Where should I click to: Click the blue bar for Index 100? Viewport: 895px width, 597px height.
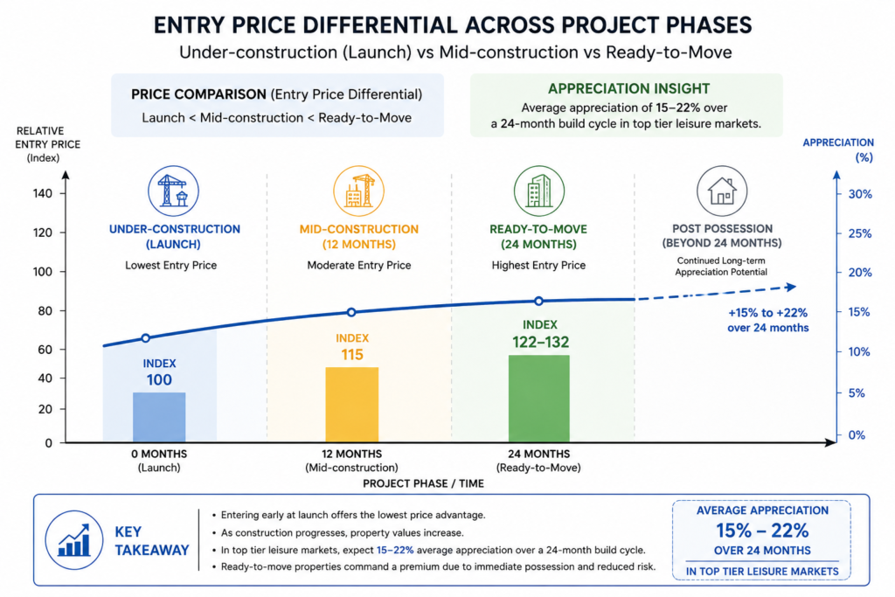point(159,417)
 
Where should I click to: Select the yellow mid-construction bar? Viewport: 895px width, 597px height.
point(351,404)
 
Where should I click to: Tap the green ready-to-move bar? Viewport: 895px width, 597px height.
point(538,399)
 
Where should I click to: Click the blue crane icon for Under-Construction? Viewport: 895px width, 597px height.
point(174,191)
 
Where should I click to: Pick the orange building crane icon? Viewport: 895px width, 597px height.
point(358,191)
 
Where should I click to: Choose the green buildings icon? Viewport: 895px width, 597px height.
point(538,191)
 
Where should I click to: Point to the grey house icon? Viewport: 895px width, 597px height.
point(722,191)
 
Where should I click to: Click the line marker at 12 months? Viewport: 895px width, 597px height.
point(351,312)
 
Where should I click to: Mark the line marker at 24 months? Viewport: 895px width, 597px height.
point(538,301)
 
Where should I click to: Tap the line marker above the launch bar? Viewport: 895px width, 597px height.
point(146,338)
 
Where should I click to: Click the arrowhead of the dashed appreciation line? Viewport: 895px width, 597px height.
point(791,287)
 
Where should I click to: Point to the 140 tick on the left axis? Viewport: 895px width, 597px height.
point(42,193)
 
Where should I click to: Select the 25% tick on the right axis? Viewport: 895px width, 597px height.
point(860,233)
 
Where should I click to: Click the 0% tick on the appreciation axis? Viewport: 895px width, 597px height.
point(857,435)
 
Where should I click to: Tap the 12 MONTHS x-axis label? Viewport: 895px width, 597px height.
point(351,454)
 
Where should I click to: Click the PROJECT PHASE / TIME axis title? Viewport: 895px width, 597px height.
point(424,483)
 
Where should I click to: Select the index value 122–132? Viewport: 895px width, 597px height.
point(540,342)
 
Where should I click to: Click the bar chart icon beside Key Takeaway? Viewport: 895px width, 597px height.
point(74,540)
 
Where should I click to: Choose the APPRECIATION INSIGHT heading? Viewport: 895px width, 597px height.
point(629,88)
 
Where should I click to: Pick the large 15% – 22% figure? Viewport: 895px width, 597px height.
point(762,531)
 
